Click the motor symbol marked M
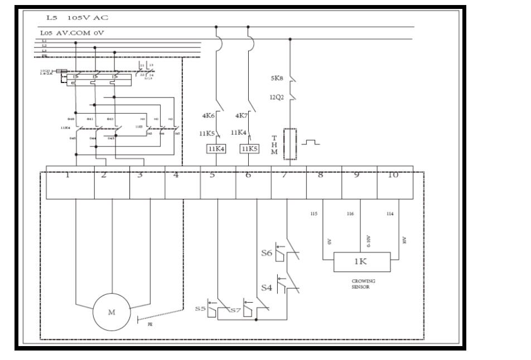(x=112, y=312)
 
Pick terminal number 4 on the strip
(x=176, y=174)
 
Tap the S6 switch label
(x=267, y=253)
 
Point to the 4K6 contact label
(x=209, y=116)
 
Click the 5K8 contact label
(x=278, y=79)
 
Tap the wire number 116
(x=350, y=214)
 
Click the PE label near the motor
(x=149, y=324)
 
